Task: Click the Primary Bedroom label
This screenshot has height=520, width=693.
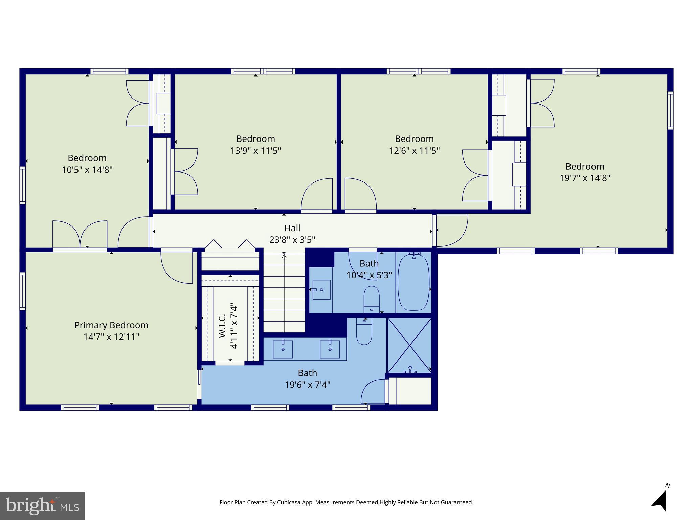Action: (x=111, y=325)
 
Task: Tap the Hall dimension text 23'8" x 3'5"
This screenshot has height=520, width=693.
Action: (x=292, y=240)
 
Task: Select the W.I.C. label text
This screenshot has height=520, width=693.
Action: (x=222, y=326)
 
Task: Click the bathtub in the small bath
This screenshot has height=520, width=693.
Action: (x=413, y=282)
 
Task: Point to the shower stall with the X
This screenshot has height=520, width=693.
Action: (x=409, y=345)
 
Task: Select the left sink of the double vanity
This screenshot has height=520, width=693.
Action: (x=283, y=349)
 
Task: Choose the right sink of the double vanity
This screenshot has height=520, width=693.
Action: (x=330, y=349)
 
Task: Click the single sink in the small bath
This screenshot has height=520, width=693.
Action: (x=321, y=290)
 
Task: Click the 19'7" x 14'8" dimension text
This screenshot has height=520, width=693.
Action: (x=585, y=178)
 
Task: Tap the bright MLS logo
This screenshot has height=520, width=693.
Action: (x=42, y=506)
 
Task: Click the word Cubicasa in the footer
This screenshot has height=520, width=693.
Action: (x=289, y=502)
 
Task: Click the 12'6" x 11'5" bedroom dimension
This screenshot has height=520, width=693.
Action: (x=414, y=151)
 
